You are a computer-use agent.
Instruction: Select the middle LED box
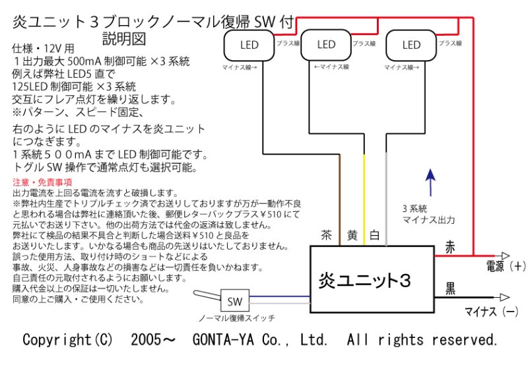coord(326,45)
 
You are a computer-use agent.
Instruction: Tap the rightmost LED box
coord(411,45)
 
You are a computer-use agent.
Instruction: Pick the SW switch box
coord(234,302)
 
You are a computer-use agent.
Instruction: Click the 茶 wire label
coord(326,235)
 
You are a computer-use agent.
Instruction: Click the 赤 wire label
coord(451,246)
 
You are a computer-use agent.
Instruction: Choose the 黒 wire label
coord(451,287)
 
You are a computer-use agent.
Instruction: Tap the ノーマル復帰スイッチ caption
coord(237,318)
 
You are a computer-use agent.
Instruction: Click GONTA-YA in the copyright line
coord(214,339)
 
